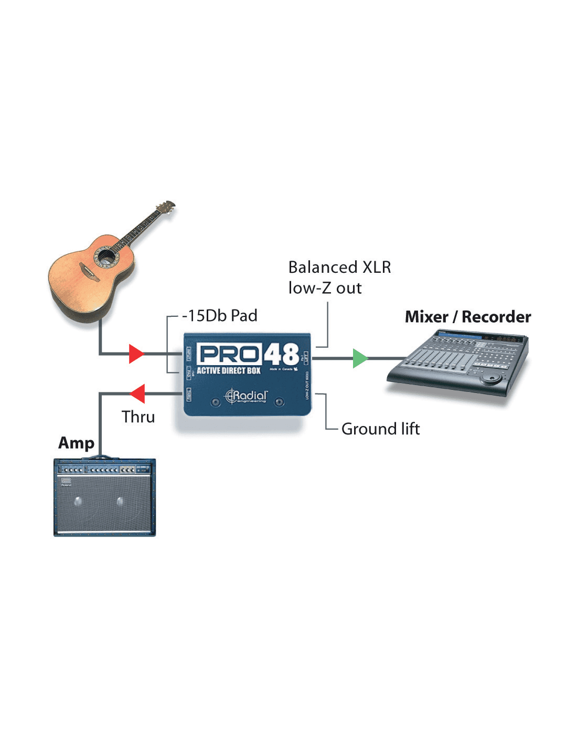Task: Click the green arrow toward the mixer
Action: [x=360, y=358]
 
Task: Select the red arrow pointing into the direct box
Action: [x=136, y=354]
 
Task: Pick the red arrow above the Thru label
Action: [x=137, y=393]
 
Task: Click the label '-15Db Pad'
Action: [x=220, y=316]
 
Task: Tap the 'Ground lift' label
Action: [x=380, y=429]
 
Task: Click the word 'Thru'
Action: [x=138, y=417]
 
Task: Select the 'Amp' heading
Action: [x=76, y=443]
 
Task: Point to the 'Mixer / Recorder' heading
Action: [x=468, y=317]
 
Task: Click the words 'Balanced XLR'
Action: [x=339, y=268]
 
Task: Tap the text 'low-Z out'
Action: [x=325, y=288]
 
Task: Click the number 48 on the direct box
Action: [x=281, y=355]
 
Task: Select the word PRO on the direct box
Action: [x=229, y=355]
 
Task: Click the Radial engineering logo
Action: [x=247, y=396]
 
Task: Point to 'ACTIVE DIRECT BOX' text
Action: [x=229, y=371]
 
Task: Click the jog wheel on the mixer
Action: [x=491, y=378]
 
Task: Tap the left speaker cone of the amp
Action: [x=78, y=502]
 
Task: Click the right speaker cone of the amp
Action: [x=120, y=502]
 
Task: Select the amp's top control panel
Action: [x=104, y=468]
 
